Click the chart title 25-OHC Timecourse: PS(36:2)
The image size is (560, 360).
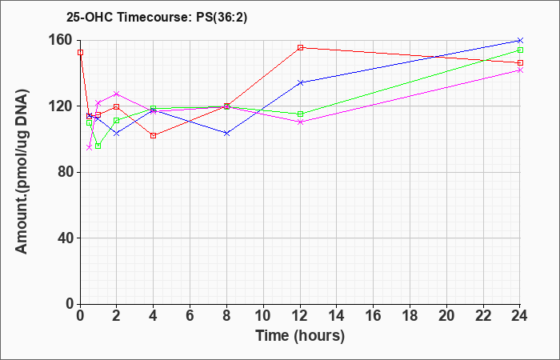click(x=157, y=17)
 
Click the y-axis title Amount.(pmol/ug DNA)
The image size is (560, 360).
click(x=22, y=171)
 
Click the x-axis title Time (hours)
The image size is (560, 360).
click(x=300, y=336)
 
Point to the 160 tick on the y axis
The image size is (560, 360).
click(x=67, y=40)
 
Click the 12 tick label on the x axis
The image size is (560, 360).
click(x=300, y=316)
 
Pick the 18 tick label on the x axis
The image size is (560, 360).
click(x=410, y=316)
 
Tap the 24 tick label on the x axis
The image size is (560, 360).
click(x=520, y=316)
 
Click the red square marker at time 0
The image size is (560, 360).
click(x=80, y=53)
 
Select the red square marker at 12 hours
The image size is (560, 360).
click(x=300, y=47)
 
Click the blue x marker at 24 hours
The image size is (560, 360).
click(x=520, y=40)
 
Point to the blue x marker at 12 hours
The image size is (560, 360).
click(x=300, y=82)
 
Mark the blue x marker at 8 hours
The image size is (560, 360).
click(x=226, y=134)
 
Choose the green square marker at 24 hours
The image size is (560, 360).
click(x=520, y=50)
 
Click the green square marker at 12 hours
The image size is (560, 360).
click(x=300, y=114)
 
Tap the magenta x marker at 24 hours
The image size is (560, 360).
click(x=520, y=70)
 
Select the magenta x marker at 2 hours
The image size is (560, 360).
click(x=117, y=94)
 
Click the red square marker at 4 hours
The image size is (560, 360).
click(x=154, y=136)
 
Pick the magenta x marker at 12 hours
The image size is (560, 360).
click(x=300, y=122)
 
